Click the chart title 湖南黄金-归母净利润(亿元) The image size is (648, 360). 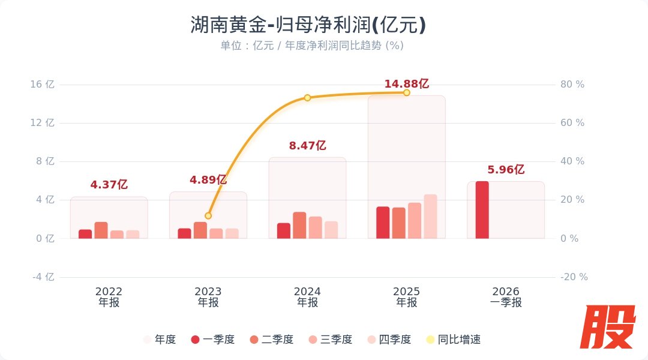pyautogui.click(x=308, y=25)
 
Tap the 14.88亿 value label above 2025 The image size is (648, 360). pyautogui.click(x=407, y=84)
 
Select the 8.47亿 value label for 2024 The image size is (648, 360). pyautogui.click(x=307, y=146)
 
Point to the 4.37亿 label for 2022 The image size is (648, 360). pyautogui.click(x=109, y=185)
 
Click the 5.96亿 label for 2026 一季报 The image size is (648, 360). pyautogui.click(x=506, y=170)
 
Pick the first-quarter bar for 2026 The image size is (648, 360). pyautogui.click(x=482, y=210)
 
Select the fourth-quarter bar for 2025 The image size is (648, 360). pyautogui.click(x=430, y=217)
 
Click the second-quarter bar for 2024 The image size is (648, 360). pyautogui.click(x=299, y=226)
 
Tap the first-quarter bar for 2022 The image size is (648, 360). pyautogui.click(x=85, y=234)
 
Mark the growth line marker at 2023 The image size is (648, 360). pyautogui.click(x=208, y=215)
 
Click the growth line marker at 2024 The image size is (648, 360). pyautogui.click(x=307, y=98)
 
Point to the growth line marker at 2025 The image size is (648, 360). pyautogui.click(x=407, y=92)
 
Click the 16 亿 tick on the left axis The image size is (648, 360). pyautogui.click(x=42, y=85)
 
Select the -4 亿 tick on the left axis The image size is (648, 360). pyautogui.click(x=42, y=277)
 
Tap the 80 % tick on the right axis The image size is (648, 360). pyautogui.click(x=572, y=85)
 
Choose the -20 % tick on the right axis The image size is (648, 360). pyautogui.click(x=574, y=277)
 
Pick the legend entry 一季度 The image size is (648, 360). pyautogui.click(x=212, y=340)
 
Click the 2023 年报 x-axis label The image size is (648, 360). pyautogui.click(x=208, y=297)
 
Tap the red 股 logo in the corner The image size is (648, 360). pyautogui.click(x=610, y=327)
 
